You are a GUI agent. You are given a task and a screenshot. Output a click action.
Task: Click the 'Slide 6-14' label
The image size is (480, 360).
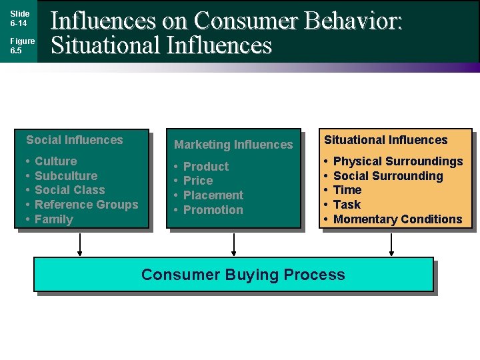point(19,18)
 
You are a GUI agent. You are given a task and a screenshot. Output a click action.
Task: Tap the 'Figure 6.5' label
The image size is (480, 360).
point(22,45)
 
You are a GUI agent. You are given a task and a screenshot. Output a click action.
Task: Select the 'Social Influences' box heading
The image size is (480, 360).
point(75,140)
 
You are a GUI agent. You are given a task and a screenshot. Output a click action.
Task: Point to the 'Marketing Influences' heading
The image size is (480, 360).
point(233,145)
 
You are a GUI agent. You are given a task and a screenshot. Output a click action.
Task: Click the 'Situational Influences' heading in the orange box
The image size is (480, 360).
point(386,140)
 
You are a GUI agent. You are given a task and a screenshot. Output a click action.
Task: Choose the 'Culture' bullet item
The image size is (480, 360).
point(55,161)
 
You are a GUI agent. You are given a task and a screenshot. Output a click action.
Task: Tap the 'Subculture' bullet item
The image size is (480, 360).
point(66,176)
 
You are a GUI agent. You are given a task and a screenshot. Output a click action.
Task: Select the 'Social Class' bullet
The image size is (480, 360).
point(70,190)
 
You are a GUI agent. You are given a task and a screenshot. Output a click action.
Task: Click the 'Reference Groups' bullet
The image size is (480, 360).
point(86,205)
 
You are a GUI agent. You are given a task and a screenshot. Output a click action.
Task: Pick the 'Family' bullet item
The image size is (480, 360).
point(54,219)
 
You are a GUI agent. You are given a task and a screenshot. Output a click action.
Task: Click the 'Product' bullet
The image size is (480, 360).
point(205,167)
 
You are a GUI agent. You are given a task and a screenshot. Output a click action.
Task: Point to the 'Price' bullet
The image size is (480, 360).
point(198,181)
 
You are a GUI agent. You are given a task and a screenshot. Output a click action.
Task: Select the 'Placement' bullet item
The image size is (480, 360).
point(213,195)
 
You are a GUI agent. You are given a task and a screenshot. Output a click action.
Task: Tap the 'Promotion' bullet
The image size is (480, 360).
point(213,210)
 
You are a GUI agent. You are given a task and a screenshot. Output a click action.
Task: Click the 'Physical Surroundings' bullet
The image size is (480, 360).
point(398,161)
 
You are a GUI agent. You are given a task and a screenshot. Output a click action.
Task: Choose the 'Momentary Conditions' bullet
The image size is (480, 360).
point(397,219)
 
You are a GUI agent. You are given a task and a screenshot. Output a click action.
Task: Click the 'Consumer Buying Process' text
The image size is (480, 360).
point(243,275)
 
